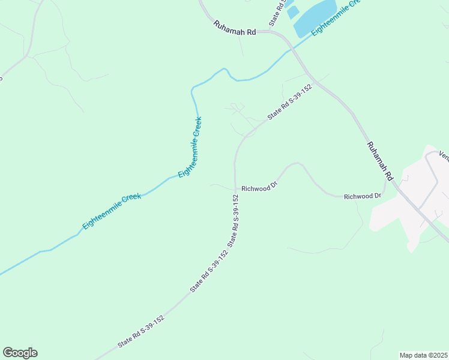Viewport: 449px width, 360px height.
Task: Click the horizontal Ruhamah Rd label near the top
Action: click(x=234, y=28)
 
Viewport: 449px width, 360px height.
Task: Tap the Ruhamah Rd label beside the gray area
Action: click(x=379, y=161)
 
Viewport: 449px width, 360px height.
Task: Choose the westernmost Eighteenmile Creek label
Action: click(x=112, y=211)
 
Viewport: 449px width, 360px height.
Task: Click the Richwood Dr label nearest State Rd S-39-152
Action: click(x=259, y=188)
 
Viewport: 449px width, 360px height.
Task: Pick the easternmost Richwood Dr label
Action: click(x=363, y=196)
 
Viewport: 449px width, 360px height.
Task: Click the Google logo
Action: click(x=20, y=353)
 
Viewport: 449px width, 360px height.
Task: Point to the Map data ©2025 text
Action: click(x=423, y=355)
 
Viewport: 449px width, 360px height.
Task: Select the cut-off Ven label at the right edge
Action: click(x=444, y=155)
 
